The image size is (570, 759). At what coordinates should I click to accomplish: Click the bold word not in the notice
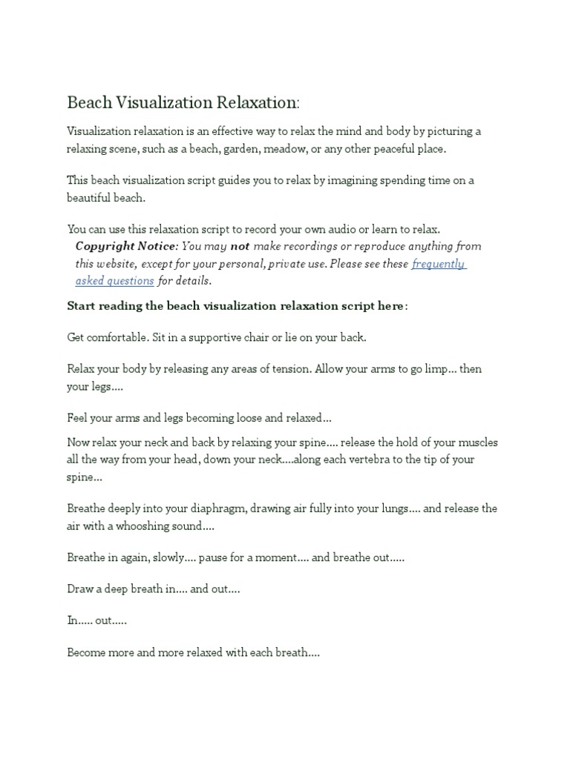pyautogui.click(x=240, y=246)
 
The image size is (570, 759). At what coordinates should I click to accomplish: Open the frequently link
pyautogui.click(x=439, y=264)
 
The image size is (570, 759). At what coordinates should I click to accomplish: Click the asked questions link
pyautogui.click(x=115, y=281)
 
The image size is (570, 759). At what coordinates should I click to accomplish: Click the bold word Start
pyautogui.click(x=82, y=306)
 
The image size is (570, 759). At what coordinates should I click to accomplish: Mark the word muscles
pyautogui.click(x=476, y=443)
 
